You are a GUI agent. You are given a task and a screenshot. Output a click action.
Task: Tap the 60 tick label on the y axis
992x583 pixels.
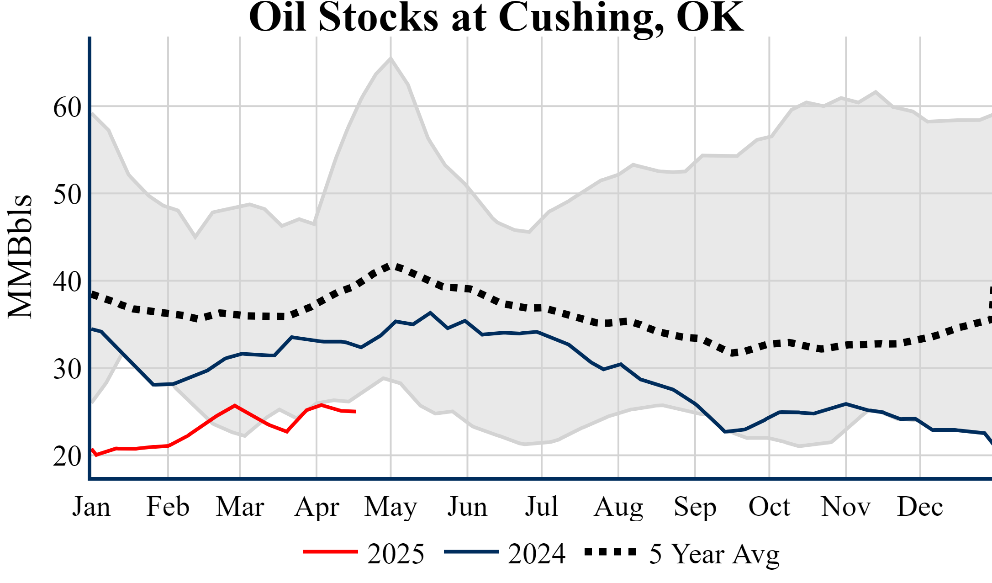coord(67,108)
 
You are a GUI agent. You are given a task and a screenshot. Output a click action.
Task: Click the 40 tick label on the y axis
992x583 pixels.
coord(67,282)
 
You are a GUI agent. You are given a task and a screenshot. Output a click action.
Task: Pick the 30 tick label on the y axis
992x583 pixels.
coord(67,369)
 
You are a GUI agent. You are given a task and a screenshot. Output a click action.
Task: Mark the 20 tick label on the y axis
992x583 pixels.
coord(67,456)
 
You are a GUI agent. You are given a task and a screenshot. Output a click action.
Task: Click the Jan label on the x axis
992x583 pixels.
coord(91,507)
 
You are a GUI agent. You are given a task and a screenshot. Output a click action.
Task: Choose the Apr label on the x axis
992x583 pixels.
coord(317,507)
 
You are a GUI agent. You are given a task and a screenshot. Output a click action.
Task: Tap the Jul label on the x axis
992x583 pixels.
coord(542,507)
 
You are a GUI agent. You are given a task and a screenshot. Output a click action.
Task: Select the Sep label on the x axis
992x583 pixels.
coord(695,507)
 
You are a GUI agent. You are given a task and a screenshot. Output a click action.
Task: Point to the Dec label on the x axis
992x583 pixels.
coord(920,507)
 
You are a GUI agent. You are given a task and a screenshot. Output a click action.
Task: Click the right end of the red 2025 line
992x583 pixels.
coord(355,412)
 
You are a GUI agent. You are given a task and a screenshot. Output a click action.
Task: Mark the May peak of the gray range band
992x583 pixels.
coord(390,58)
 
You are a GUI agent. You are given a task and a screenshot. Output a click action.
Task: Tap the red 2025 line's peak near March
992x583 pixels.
coord(235,405)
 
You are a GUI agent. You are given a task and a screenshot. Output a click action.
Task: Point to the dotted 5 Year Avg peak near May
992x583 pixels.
coord(389,266)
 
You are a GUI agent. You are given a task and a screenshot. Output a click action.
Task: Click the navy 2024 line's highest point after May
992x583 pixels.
coord(430,313)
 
